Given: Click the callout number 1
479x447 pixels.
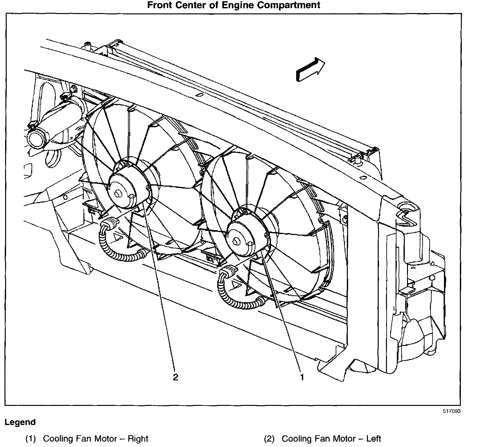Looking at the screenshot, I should [x=302, y=377].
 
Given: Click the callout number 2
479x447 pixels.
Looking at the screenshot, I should [x=175, y=377].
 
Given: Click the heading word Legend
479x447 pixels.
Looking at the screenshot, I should [x=20, y=422].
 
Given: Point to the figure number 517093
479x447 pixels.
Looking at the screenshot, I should [x=451, y=411].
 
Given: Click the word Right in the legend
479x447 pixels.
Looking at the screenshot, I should [x=138, y=439].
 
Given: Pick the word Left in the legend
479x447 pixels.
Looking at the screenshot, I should [x=374, y=439].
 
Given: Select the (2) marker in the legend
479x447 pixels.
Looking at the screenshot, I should [x=269, y=439].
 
